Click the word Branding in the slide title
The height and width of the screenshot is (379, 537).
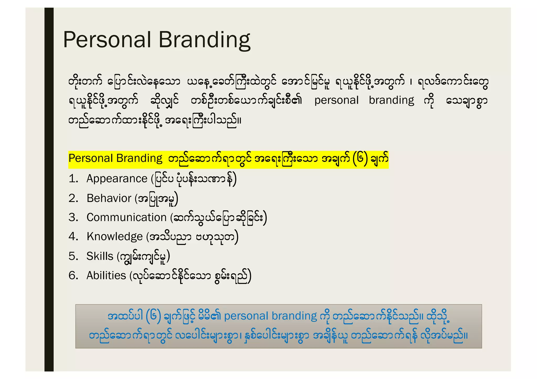204,40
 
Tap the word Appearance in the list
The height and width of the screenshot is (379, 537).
117,179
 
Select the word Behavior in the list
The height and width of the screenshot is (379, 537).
109,198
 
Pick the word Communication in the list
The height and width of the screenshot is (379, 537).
127,217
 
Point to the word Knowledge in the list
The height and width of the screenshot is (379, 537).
115,237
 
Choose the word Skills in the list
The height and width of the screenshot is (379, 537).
100,256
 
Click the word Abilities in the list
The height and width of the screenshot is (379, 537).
106,276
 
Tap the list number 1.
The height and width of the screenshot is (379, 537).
73,179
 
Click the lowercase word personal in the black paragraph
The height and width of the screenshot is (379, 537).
336,101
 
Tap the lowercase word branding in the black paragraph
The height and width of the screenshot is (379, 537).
391,101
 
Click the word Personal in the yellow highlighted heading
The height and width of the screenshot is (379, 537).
90,158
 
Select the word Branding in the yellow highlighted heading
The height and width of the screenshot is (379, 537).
139,159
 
